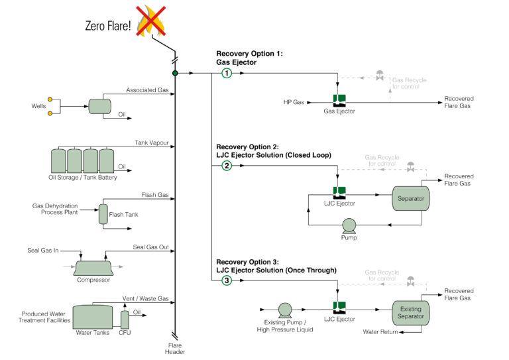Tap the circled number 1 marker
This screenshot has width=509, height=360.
pyautogui.click(x=227, y=73)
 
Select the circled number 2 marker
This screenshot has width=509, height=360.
pyautogui.click(x=227, y=166)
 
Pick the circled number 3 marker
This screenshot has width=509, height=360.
pyautogui.click(x=227, y=280)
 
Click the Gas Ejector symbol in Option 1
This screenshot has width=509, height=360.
pyautogui.click(x=339, y=101)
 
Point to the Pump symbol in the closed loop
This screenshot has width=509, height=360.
pyautogui.click(x=349, y=225)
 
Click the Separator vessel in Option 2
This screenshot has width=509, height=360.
pyautogui.click(x=410, y=198)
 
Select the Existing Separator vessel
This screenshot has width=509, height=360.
pyautogui.click(x=410, y=311)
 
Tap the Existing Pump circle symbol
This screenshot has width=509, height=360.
pyautogui.click(x=286, y=309)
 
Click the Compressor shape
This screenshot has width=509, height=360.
pyautogui.click(x=93, y=267)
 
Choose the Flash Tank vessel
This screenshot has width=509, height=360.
pyautogui.click(x=103, y=213)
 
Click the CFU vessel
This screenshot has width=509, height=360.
pyautogui.click(x=124, y=319)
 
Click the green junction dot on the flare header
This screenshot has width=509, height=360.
pyautogui.click(x=176, y=73)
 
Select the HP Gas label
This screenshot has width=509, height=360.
pyautogui.click(x=293, y=102)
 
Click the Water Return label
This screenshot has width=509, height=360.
pyautogui.click(x=380, y=331)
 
